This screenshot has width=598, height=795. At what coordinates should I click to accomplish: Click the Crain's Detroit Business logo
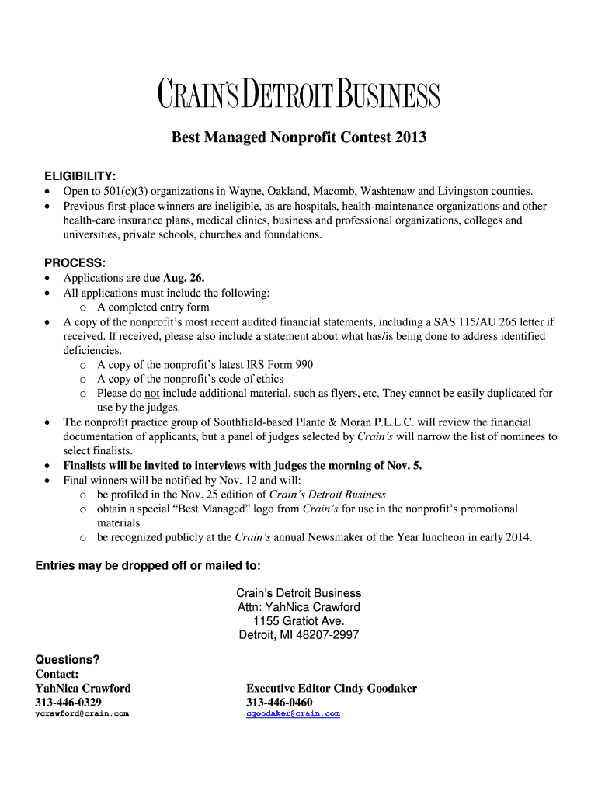[x=299, y=95]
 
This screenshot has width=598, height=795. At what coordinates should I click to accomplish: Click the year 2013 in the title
[x=410, y=138]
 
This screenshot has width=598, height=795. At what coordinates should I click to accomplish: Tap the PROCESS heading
[x=70, y=263]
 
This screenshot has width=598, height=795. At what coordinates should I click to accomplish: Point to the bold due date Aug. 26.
[x=184, y=278]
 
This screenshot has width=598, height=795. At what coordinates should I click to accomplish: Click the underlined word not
[x=151, y=394]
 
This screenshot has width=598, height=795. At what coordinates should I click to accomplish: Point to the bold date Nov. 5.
[x=405, y=466]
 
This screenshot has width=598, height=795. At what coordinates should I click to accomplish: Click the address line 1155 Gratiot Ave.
[x=298, y=621]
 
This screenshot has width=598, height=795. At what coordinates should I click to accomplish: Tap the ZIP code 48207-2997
[x=322, y=635]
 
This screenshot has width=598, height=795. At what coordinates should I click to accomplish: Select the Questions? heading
[x=68, y=660]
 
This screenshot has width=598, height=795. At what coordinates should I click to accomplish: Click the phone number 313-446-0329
[x=68, y=702]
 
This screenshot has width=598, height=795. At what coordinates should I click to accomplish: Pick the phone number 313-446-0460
[x=280, y=702]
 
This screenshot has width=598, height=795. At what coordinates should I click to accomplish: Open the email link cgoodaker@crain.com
[x=293, y=713]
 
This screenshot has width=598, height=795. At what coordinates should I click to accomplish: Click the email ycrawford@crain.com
[x=82, y=713]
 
